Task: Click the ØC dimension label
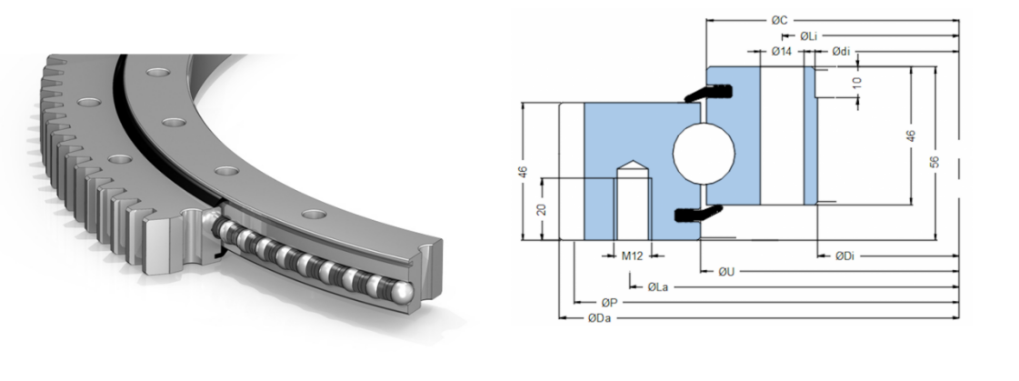tap(780, 21)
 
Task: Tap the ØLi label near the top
tap(808, 35)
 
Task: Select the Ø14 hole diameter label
tap(782, 51)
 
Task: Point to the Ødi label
tap(841, 51)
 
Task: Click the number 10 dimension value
tap(857, 83)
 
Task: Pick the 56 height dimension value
tap(935, 162)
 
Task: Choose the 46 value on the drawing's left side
tap(524, 172)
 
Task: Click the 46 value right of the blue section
tap(911, 135)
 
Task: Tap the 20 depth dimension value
tap(542, 209)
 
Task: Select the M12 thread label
tap(633, 256)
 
